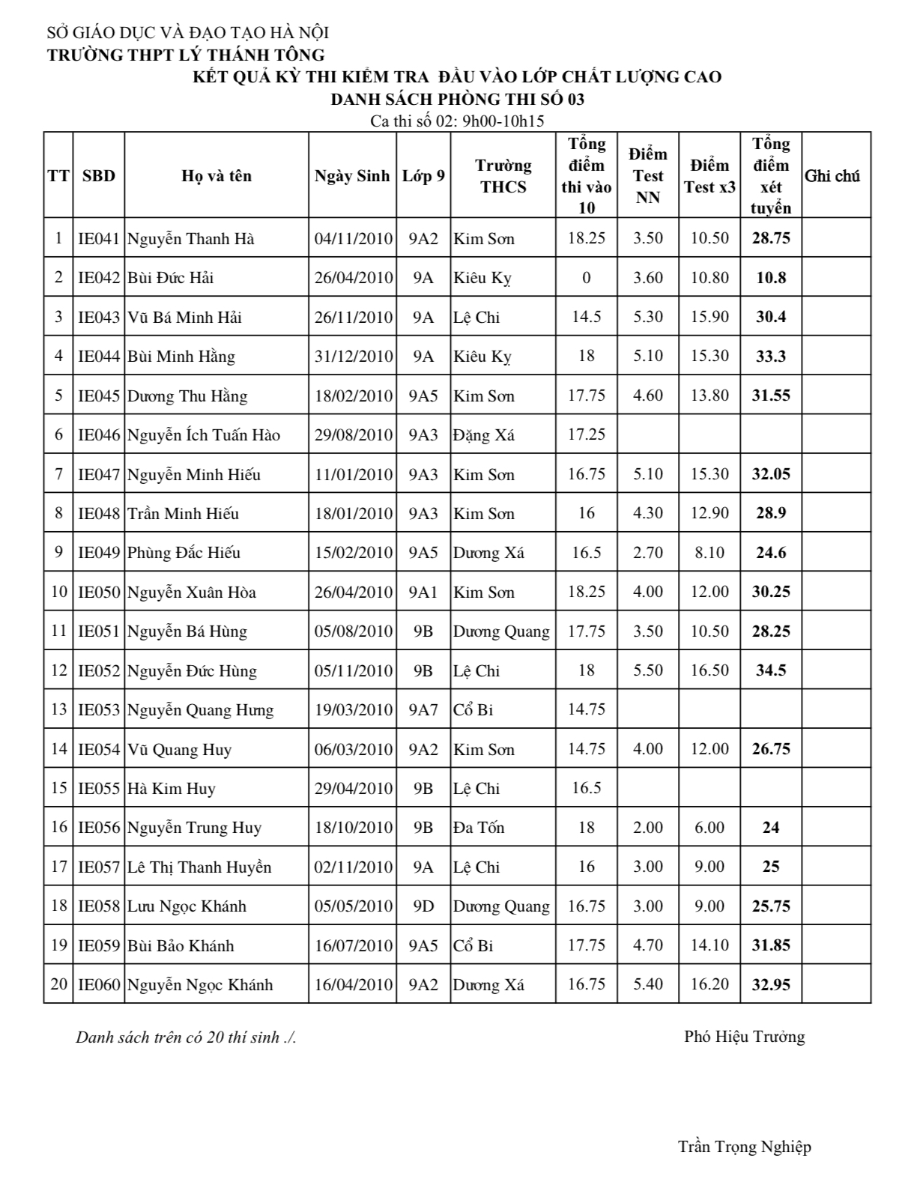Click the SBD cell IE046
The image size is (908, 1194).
(99, 435)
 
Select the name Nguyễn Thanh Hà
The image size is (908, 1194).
(190, 239)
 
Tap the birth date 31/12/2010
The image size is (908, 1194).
(353, 357)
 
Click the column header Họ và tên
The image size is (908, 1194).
(217, 176)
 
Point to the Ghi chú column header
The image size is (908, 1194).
(832, 176)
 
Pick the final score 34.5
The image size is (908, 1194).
(771, 670)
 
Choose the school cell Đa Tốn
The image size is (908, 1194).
(478, 828)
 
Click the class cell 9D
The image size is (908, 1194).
(423, 906)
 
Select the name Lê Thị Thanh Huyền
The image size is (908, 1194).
(199, 867)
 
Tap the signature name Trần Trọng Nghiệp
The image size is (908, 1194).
(744, 1147)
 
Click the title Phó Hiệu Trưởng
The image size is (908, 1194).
(744, 1037)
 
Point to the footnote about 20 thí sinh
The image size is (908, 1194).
(186, 1037)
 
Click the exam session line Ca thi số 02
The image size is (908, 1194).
(457, 121)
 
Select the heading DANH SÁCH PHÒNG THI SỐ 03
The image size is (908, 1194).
(457, 99)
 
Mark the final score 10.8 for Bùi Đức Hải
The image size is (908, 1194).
(771, 278)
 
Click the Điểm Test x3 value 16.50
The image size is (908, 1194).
(709, 670)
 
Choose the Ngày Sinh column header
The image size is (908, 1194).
(352, 176)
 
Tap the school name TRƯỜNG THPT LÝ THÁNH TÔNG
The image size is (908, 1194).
(186, 55)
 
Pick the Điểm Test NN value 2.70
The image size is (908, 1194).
(648, 553)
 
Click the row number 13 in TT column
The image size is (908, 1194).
(58, 709)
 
